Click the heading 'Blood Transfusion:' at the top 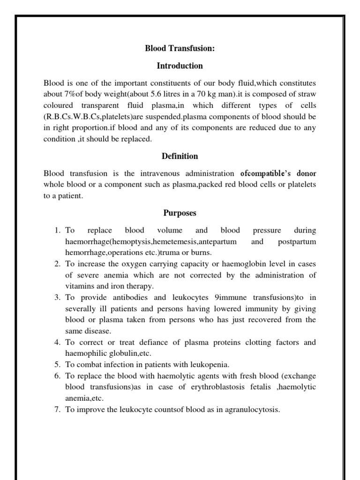coord(180,48)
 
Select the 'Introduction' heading coord(180,66)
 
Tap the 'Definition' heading coord(180,156)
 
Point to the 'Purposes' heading coord(180,213)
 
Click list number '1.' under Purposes coord(58,231)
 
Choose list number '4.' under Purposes coord(58,342)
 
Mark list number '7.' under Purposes coord(58,410)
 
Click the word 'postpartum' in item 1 coord(297,242)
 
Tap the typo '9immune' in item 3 coord(215,298)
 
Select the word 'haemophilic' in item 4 coord(85,353)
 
